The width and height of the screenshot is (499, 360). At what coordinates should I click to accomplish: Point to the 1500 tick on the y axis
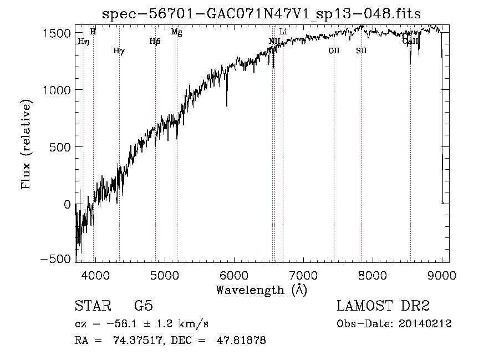(56, 33)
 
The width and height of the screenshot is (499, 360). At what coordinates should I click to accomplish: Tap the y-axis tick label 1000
(56, 90)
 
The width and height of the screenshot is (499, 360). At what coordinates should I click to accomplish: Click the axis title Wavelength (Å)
(261, 290)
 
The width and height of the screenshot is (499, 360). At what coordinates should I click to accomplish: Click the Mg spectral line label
(176, 32)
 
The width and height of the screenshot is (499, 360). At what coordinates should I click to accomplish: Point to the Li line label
(283, 32)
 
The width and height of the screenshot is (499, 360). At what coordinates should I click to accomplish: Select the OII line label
(333, 50)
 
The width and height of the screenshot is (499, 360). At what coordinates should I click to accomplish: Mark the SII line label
(361, 50)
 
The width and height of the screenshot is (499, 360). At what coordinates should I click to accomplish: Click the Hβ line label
(155, 41)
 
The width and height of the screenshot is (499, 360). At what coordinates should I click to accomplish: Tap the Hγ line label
(119, 50)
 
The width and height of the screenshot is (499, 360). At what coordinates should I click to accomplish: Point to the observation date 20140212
(425, 323)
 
